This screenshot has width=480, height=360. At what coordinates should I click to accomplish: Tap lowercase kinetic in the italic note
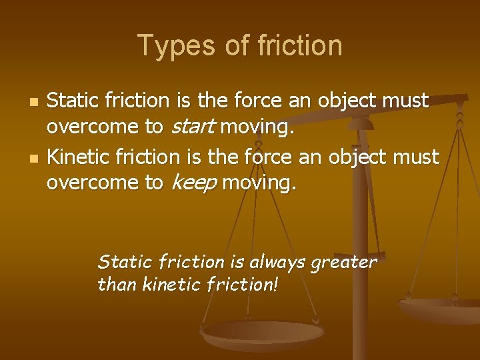(162, 285)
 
